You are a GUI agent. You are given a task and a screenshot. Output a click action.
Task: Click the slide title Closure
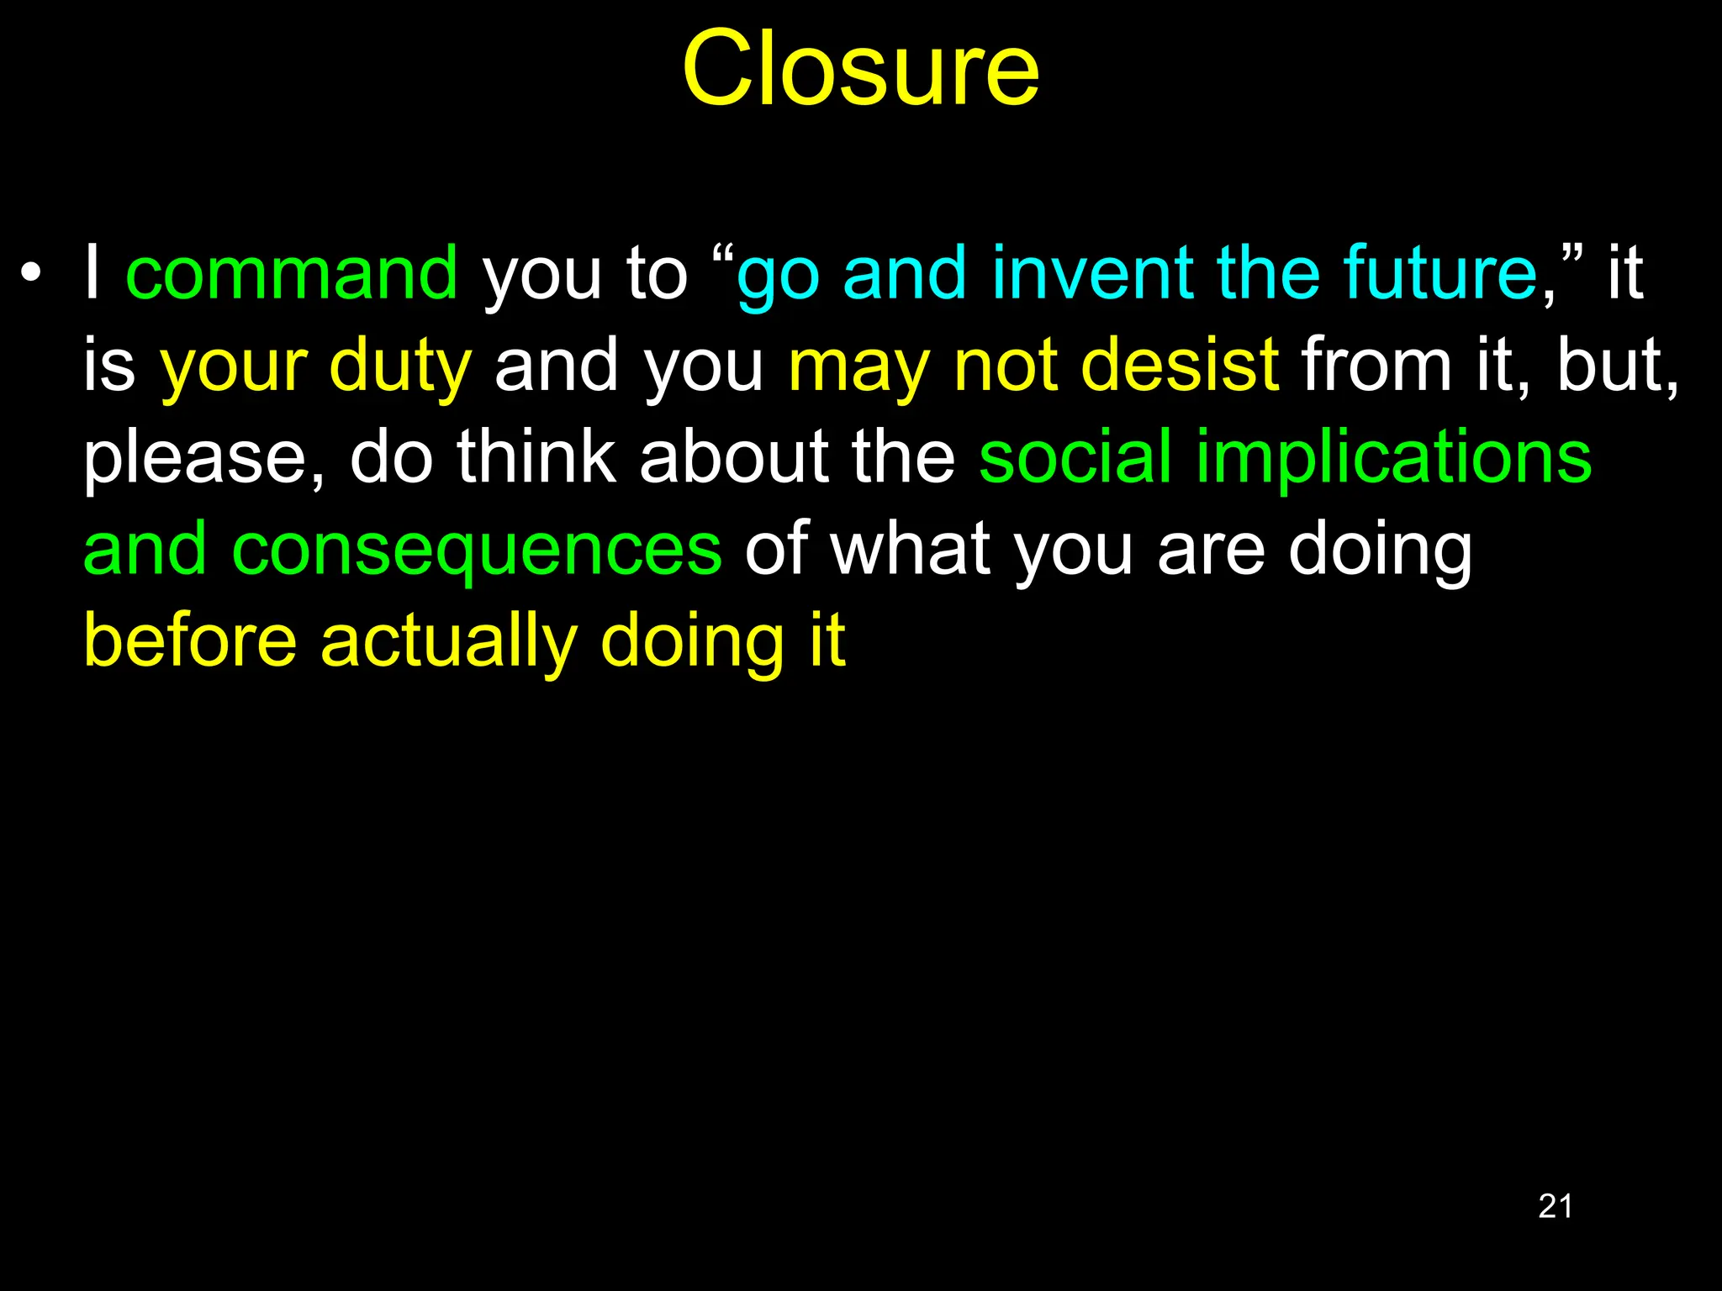[860, 69]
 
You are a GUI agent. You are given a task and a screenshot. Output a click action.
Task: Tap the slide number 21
[1555, 1206]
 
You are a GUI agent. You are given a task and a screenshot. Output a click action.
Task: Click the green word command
[292, 273]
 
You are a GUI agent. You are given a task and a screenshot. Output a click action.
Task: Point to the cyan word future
[1440, 273]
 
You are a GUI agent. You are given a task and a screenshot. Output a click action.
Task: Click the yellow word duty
[400, 366]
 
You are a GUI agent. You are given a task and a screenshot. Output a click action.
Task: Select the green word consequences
[476, 550]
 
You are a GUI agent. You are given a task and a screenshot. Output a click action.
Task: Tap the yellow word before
[190, 640]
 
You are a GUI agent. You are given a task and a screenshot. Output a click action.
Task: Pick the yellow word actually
[448, 642]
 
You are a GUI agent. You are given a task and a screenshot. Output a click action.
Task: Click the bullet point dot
[31, 273]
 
